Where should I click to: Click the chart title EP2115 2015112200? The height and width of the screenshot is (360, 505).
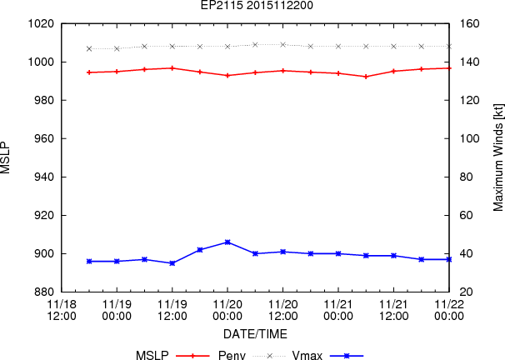pyautogui.click(x=257, y=5)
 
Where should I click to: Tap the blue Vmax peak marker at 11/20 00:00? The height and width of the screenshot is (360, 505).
pyautogui.click(x=227, y=242)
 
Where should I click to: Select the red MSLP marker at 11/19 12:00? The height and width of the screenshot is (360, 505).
pyautogui.click(x=172, y=68)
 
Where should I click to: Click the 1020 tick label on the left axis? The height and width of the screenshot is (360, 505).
pyautogui.click(x=41, y=23)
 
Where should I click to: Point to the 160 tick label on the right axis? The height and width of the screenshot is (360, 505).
pyautogui.click(x=469, y=23)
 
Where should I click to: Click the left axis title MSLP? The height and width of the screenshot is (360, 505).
pyautogui.click(x=6, y=157)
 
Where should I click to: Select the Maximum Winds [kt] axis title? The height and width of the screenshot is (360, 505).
pyautogui.click(x=497, y=157)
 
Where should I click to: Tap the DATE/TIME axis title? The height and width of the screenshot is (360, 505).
pyautogui.click(x=255, y=334)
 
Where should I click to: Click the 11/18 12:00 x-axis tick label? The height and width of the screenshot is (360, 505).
pyautogui.click(x=62, y=310)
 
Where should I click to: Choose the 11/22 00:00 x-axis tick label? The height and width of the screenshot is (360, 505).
pyautogui.click(x=449, y=310)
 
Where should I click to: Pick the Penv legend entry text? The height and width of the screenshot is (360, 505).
pyautogui.click(x=232, y=355)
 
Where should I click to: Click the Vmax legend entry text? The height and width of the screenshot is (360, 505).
pyautogui.click(x=307, y=355)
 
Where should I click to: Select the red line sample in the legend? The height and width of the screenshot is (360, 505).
pyautogui.click(x=192, y=356)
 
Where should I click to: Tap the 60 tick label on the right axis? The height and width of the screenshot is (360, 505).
pyautogui.click(x=466, y=215)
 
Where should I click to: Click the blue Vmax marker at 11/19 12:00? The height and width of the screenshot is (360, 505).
pyautogui.click(x=172, y=263)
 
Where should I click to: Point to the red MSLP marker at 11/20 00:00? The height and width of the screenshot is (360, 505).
pyautogui.click(x=227, y=76)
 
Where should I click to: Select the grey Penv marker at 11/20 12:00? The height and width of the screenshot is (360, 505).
pyautogui.click(x=283, y=45)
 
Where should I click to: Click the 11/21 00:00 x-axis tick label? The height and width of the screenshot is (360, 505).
pyautogui.click(x=338, y=310)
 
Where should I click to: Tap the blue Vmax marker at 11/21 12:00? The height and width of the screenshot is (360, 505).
pyautogui.click(x=393, y=256)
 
